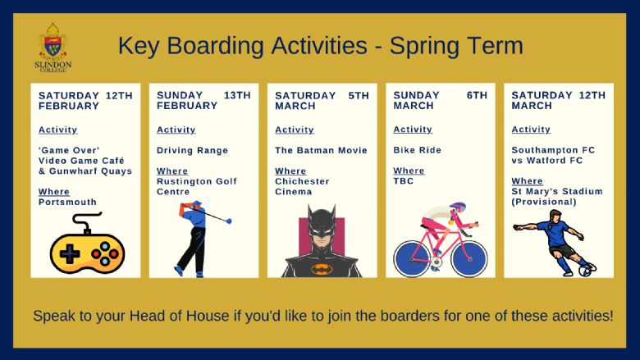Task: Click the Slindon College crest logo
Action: pyautogui.click(x=53, y=48)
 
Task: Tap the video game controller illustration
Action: pyautogui.click(x=87, y=244)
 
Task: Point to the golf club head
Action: pyautogui.click(x=229, y=221)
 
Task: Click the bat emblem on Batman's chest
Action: pyautogui.click(x=322, y=269)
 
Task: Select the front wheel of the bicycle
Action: pyautogui.click(x=469, y=258)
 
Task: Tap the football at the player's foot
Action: pyautogui.click(x=587, y=270)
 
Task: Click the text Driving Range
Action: pyautogui.click(x=192, y=150)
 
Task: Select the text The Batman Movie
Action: pyautogui.click(x=321, y=150)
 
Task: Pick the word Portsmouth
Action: pyautogui.click(x=67, y=202)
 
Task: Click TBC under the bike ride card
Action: pyautogui.click(x=403, y=181)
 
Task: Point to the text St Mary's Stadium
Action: pyautogui.click(x=557, y=191)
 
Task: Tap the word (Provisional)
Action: pyautogui.click(x=544, y=202)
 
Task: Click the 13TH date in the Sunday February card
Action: pyautogui.click(x=237, y=95)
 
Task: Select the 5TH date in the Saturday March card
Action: pyautogui.click(x=359, y=95)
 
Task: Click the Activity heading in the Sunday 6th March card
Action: pyautogui.click(x=413, y=130)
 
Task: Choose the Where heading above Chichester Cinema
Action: pyautogui.click(x=290, y=171)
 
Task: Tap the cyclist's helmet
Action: pyautogui.click(x=458, y=207)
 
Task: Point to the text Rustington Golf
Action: pyautogui.click(x=197, y=181)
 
